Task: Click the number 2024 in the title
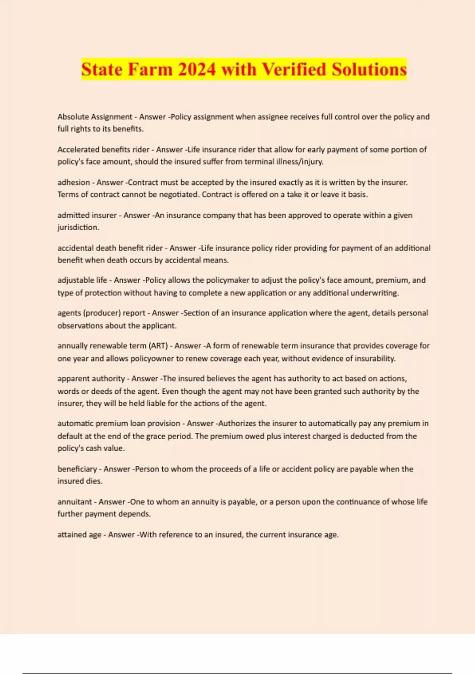coord(197,69)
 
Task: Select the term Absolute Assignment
coord(95,117)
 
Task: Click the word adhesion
coord(74,182)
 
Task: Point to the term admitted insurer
coord(87,215)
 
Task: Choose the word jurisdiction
coord(78,228)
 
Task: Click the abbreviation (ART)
coord(158,346)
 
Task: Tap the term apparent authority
coord(91,379)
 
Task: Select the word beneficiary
coord(77,469)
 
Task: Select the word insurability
coord(372,358)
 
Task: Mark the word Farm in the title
coord(150,69)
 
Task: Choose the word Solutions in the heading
coord(369,69)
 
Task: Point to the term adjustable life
coord(82,280)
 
